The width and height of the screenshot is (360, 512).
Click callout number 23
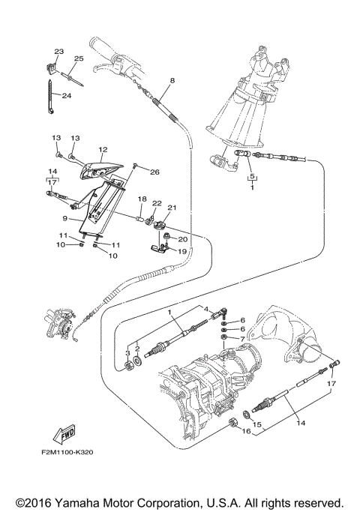point(58,51)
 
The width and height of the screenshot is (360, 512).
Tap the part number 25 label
point(79,58)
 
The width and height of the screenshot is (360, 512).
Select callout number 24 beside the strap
point(66,95)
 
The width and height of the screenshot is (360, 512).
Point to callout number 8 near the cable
point(172,79)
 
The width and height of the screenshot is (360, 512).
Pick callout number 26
point(154,172)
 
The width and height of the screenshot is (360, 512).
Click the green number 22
point(157,203)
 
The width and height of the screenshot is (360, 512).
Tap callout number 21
point(171,208)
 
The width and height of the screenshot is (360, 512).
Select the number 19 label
point(182,251)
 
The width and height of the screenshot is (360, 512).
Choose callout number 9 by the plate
point(65,218)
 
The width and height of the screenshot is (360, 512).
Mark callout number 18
point(141,199)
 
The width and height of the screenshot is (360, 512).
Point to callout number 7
point(241,339)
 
